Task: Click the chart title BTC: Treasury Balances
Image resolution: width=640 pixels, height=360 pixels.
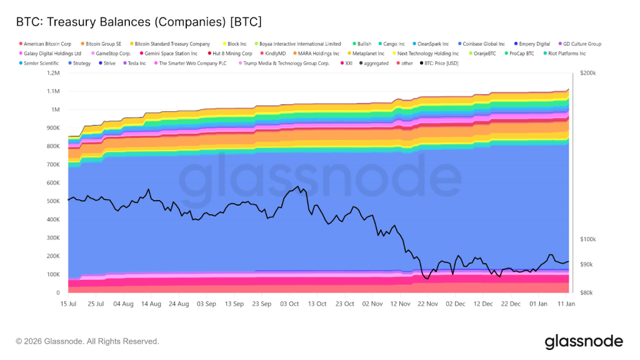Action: coord(139,22)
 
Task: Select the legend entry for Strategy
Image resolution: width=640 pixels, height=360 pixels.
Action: coord(81,63)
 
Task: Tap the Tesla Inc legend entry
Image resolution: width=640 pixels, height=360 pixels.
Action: coord(136,63)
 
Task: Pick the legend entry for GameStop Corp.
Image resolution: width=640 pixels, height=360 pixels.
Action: coord(113,54)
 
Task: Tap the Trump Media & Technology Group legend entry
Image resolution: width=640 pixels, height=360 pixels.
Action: coord(286,63)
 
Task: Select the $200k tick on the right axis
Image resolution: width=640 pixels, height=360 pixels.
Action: coord(588,73)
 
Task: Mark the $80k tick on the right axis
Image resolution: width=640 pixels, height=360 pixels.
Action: coord(587,292)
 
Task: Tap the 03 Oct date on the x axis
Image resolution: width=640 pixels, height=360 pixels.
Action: coord(289,304)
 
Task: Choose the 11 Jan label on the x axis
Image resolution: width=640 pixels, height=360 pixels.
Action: coord(566,304)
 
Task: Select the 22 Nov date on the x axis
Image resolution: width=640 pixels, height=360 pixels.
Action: coord(427,304)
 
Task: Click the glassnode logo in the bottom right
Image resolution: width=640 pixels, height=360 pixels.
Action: coord(583,341)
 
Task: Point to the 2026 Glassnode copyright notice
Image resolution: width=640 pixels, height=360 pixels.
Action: coord(87,341)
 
